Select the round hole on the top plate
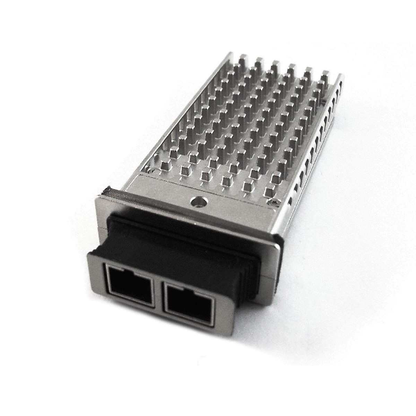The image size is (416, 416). (199, 201)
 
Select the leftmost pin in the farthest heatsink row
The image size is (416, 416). (242, 59)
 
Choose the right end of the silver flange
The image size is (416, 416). (277, 243)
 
